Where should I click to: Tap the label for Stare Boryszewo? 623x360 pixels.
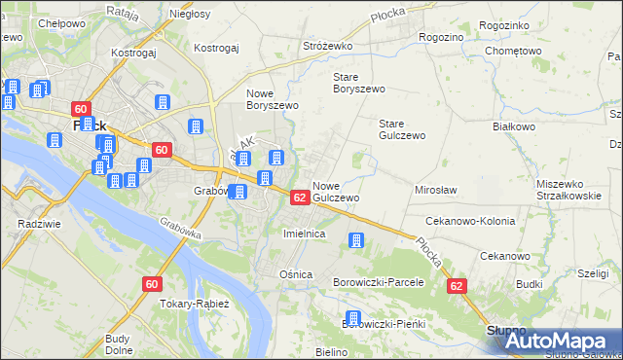coord(359,82)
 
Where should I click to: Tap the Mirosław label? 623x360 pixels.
coord(436,190)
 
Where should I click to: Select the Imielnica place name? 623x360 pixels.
coord(303,234)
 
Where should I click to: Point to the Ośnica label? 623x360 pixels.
coord(296,274)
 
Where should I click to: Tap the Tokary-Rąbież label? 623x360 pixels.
coord(195,304)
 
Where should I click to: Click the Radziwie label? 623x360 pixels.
coord(34,223)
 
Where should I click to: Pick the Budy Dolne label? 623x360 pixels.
coord(119,344)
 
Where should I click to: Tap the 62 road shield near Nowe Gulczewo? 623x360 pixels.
coord(300,198)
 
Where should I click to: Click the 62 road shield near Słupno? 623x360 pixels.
coord(457,287)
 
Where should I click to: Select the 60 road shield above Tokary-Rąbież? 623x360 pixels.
coord(151,284)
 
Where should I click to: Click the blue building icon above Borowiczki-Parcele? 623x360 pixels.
coord(356,239)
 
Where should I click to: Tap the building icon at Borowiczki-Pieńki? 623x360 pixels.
coord(354,318)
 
